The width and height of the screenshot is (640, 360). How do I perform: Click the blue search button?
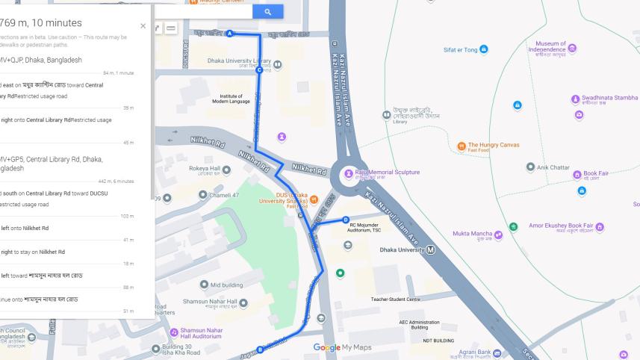tap(267, 12)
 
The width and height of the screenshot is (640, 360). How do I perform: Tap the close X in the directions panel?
tap(143, 25)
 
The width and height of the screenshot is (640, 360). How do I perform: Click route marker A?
tap(230, 34)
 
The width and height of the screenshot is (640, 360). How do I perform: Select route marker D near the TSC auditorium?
tap(346, 220)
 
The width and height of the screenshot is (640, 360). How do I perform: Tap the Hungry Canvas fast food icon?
tap(462, 145)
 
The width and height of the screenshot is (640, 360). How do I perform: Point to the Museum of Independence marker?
tap(572, 48)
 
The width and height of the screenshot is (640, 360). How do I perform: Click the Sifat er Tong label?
tap(460, 50)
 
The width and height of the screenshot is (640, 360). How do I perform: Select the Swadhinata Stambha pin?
tap(576, 98)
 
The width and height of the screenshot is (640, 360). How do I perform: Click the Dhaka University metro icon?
tap(431, 249)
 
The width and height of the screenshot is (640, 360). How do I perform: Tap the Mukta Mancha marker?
tap(498, 235)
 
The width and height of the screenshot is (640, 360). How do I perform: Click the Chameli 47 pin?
tap(202, 195)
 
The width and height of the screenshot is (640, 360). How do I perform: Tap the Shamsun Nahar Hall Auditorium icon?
tap(174, 332)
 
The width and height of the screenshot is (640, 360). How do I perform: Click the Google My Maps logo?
tap(342, 347)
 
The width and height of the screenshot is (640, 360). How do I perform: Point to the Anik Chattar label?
tap(553, 168)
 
